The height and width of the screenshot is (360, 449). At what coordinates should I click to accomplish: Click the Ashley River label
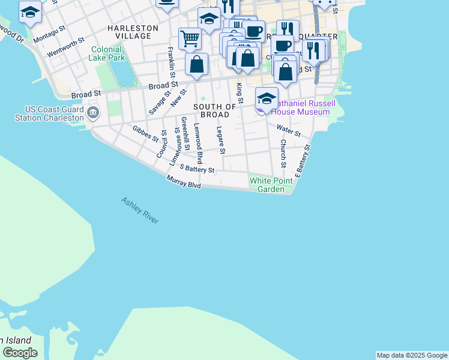140,211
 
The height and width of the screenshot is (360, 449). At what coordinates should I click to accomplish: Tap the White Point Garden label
271,185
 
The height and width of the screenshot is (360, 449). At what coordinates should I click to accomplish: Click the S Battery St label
197,170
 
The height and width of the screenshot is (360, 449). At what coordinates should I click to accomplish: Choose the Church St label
283,154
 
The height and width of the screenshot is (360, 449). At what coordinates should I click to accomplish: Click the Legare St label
220,140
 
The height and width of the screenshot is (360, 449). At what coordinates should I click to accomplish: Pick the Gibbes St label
146,133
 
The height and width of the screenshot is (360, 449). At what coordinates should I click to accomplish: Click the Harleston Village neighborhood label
133,32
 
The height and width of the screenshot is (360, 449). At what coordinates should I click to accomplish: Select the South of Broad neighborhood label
211,110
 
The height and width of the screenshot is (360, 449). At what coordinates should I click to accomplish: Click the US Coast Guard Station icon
93,112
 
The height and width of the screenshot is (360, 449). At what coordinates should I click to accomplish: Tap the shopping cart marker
190,39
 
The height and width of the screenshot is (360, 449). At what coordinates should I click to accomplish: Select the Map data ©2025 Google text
412,355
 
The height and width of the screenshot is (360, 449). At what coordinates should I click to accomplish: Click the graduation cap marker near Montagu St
29,12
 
